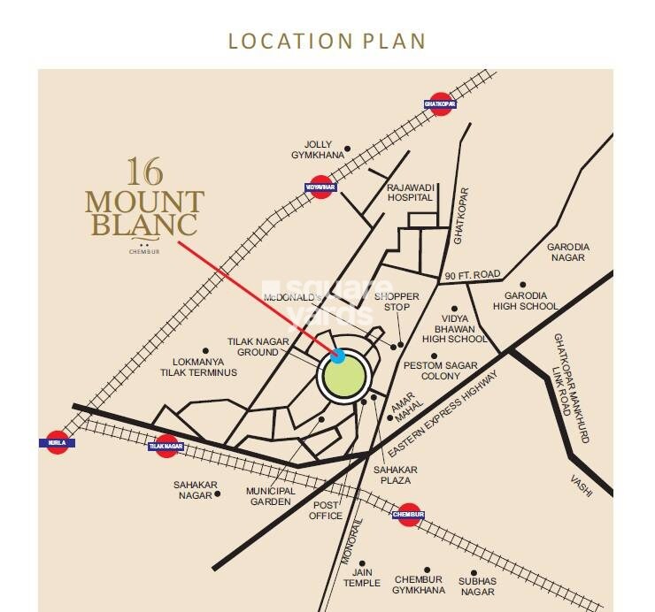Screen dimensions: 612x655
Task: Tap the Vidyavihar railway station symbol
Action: (x=322, y=187)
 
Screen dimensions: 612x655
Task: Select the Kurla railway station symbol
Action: (x=58, y=442)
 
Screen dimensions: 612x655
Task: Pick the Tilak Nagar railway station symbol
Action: (x=166, y=447)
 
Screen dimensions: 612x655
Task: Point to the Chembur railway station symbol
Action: (x=407, y=514)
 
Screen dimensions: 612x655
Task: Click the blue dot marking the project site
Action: (x=338, y=356)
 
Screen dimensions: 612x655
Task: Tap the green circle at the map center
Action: (x=343, y=377)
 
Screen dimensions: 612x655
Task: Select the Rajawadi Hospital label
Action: (x=409, y=193)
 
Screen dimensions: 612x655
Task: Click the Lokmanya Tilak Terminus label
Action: (x=204, y=367)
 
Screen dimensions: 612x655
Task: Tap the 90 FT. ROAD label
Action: (x=474, y=275)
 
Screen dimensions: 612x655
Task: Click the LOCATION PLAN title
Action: (x=327, y=41)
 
